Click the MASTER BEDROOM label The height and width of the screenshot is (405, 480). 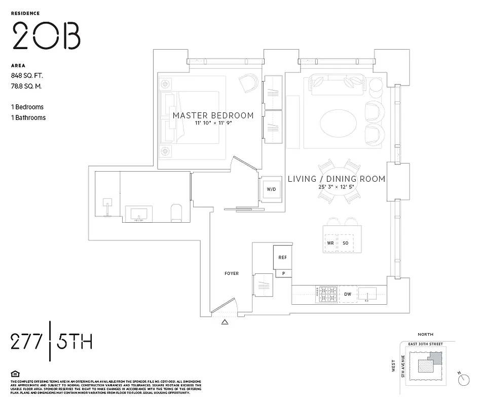click(x=213, y=115)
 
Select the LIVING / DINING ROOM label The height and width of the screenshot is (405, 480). click(x=337, y=179)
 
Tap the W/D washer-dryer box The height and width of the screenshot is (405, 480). click(x=271, y=189)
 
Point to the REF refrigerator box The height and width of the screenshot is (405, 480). click(x=282, y=257)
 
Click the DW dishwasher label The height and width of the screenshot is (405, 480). click(x=348, y=294)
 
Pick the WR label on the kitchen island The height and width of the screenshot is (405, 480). click(x=330, y=243)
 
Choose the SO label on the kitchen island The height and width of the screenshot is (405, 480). click(x=346, y=243)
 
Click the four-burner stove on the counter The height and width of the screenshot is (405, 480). click(x=327, y=294)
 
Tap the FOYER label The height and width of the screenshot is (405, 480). click(x=232, y=273)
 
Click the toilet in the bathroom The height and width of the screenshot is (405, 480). click(x=176, y=213)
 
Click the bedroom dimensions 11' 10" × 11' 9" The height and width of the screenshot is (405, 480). click(x=212, y=124)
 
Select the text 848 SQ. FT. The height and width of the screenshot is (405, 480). click(x=27, y=75)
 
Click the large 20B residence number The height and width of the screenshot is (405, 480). click(x=46, y=36)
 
